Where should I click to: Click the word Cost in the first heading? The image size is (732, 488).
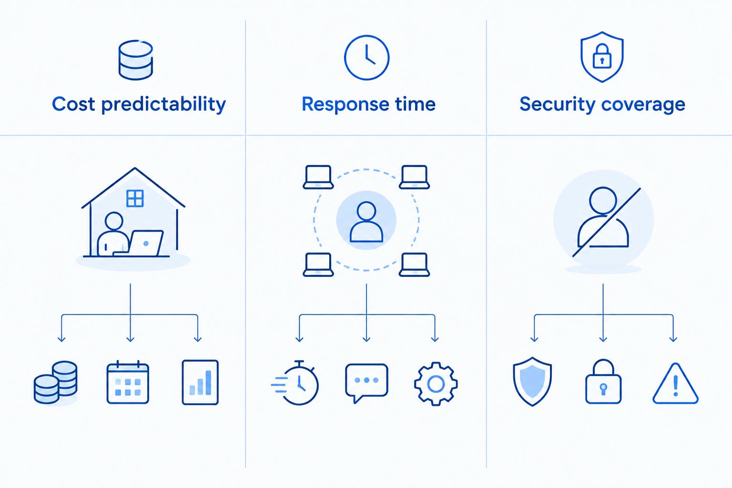pos(73,104)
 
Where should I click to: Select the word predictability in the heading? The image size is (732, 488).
pos(163,104)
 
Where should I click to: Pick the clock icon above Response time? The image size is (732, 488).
pos(366,58)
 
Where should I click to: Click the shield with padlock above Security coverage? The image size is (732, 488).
pos(602,57)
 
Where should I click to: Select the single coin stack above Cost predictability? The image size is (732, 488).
pos(136,60)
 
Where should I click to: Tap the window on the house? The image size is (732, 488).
pos(135,198)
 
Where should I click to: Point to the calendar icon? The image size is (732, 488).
pos(128,382)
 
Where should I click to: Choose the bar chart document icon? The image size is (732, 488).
pos(200,382)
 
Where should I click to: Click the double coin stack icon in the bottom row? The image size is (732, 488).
pos(56,382)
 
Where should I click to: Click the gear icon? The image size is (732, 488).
pos(436,384)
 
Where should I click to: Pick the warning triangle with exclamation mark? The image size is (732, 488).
pos(675,384)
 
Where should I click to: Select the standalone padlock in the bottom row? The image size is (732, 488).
pos(603,381)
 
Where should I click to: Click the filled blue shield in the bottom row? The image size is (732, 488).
pos(532,381)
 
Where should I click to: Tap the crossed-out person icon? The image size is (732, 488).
pos(603,219)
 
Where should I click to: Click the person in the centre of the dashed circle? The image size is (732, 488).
pos(366,222)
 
